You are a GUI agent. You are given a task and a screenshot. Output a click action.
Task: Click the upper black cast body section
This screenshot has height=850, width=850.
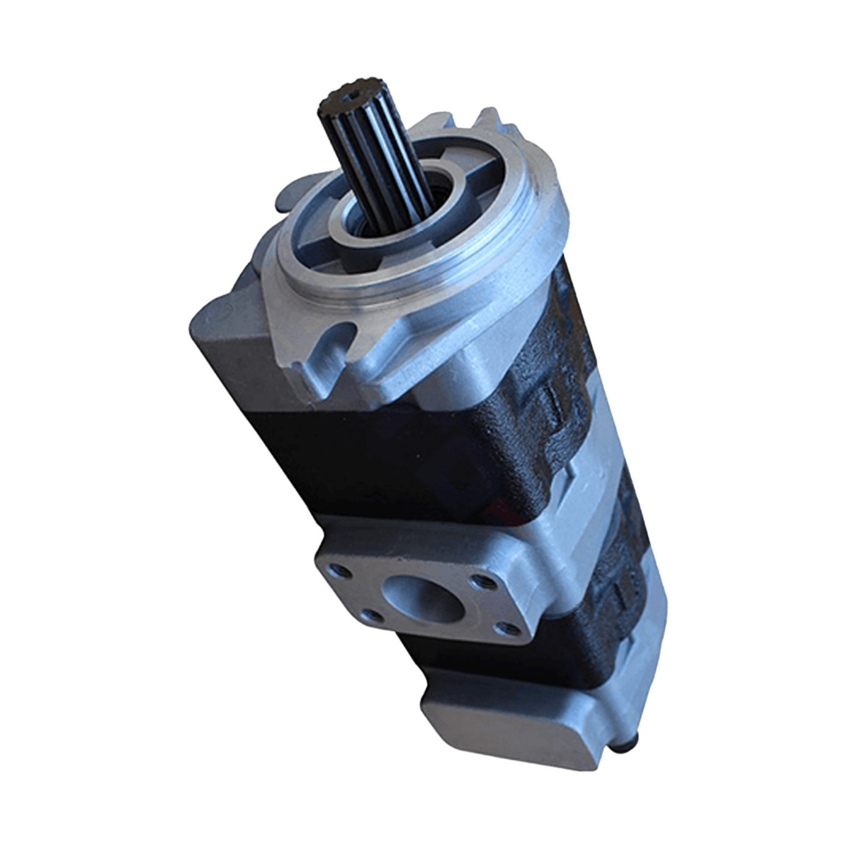pyautogui.click(x=397, y=453)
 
